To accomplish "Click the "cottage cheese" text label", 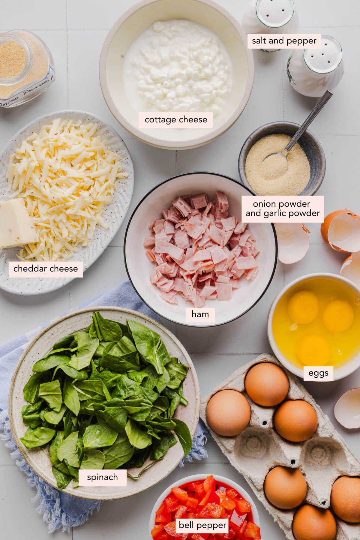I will (x=176, y=120).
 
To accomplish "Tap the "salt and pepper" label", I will (x=284, y=41).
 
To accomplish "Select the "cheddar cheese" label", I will (x=46, y=268).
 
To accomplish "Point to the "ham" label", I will (x=200, y=314).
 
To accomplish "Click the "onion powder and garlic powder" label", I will (x=283, y=209).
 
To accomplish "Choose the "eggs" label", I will (x=318, y=373).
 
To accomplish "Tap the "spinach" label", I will (x=102, y=477).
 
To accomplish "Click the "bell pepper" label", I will (x=202, y=525).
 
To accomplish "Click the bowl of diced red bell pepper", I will (x=204, y=507).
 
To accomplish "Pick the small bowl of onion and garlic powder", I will (x=282, y=159).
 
